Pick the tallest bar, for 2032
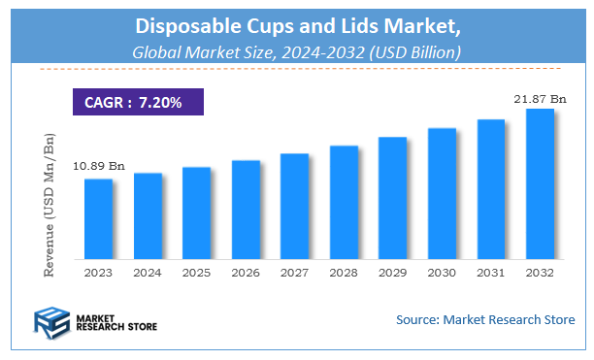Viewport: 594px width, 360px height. [540, 184]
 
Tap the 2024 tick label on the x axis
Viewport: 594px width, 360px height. [148, 273]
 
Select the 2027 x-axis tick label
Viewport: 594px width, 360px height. [294, 273]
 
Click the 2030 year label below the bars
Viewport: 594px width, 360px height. [442, 273]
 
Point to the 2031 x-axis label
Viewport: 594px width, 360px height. [490, 273]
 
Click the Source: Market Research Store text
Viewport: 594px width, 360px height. [484, 319]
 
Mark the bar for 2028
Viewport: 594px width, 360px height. [344, 203]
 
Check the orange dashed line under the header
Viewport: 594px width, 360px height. [297, 69]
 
